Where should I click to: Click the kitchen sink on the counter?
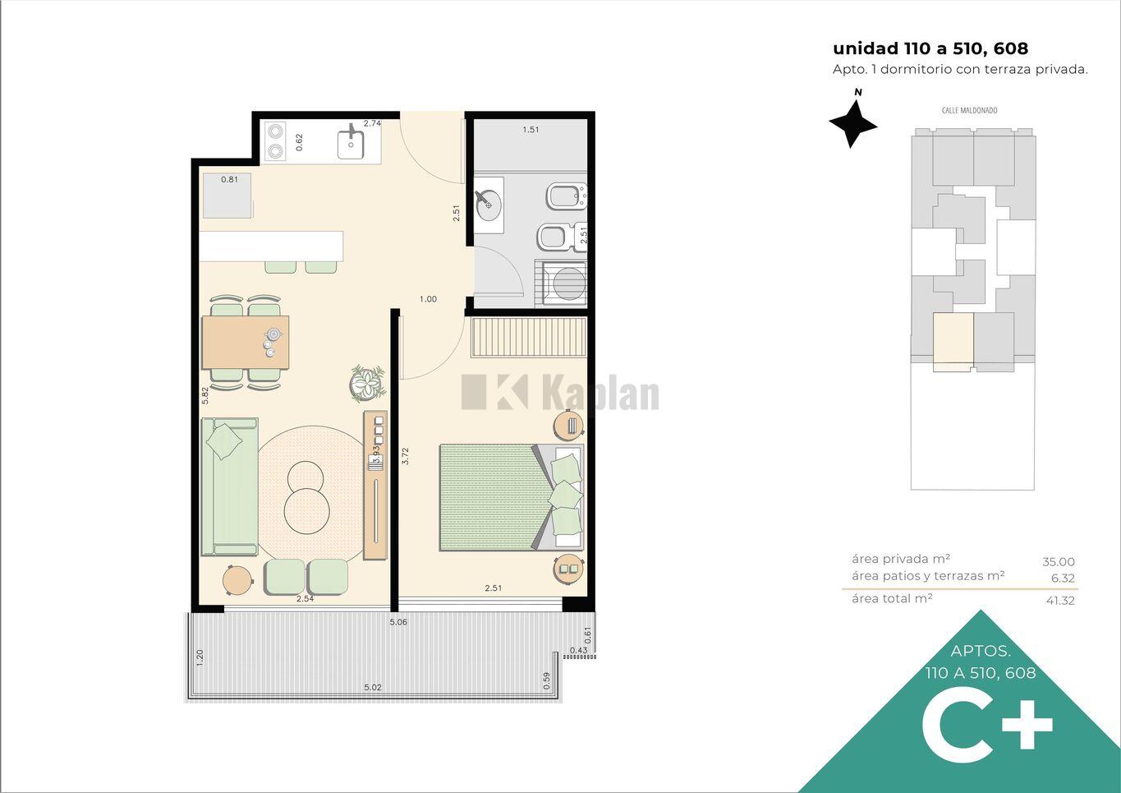(x=351, y=141)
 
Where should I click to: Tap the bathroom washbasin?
(x=489, y=205)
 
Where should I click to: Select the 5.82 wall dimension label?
(x=204, y=395)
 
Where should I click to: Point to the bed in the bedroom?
(x=512, y=498)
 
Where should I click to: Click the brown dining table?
(x=246, y=342)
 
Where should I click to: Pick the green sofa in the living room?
(x=230, y=486)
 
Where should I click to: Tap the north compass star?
(x=852, y=123)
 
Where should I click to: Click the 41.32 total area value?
(x=1060, y=600)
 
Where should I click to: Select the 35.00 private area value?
(x=1059, y=562)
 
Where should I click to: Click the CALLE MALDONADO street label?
(x=969, y=110)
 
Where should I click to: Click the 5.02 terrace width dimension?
(x=373, y=687)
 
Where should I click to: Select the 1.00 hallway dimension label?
(x=428, y=299)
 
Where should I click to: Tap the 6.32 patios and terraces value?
(x=1063, y=579)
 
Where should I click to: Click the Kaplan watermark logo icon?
(x=494, y=391)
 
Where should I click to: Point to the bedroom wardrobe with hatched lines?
(x=529, y=338)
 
